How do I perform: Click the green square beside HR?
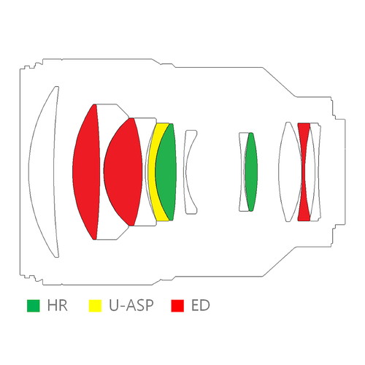(x=33, y=306)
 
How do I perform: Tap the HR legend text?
(x=58, y=306)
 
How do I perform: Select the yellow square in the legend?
(x=95, y=306)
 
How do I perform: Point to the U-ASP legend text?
(x=131, y=306)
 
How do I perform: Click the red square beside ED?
(x=177, y=306)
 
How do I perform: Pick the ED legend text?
(x=201, y=306)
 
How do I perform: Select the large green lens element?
(x=166, y=172)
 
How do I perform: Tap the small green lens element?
(x=251, y=172)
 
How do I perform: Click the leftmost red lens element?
(x=86, y=172)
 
